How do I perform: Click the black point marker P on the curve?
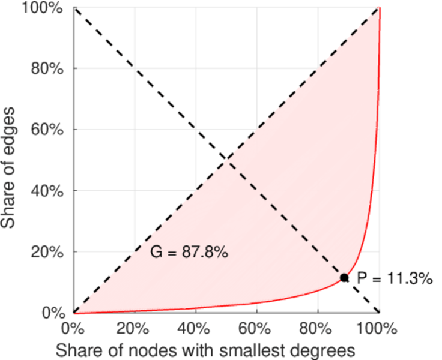point(344,278)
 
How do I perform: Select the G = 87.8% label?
point(189,253)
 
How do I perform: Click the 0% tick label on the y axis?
point(53,313)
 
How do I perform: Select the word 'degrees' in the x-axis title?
point(317,350)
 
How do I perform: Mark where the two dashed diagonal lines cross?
point(227,160)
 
